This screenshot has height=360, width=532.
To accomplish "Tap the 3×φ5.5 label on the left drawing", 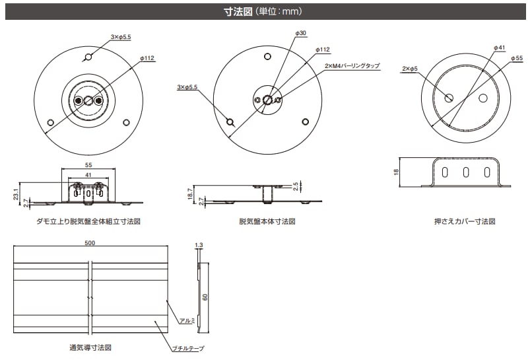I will point(121,38).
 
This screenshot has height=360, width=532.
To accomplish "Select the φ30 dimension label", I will point(300,32).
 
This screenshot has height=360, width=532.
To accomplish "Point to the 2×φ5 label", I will point(410,68).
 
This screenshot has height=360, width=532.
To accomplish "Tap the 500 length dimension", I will point(90,243).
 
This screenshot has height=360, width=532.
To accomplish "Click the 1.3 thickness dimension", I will point(199,245).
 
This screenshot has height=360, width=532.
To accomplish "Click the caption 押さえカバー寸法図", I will point(464,222).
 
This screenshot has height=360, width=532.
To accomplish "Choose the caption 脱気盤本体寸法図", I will point(267,222).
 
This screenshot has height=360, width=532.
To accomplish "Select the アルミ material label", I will point(186,321).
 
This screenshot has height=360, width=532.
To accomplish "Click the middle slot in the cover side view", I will point(466,173).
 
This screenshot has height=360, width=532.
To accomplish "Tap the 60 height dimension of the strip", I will point(205,297).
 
